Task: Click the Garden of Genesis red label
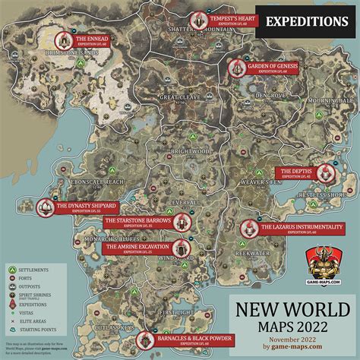[270, 67]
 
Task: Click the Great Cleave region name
[179, 97]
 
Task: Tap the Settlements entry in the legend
[34, 269]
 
